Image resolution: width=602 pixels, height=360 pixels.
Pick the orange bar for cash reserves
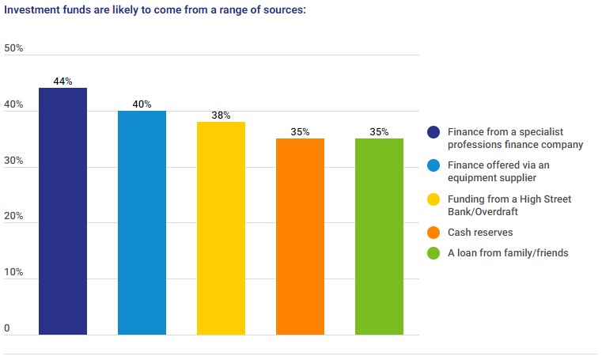(x=300, y=237)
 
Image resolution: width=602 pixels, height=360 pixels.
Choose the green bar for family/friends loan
(x=379, y=237)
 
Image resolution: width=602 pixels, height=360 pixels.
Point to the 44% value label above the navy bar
(x=62, y=81)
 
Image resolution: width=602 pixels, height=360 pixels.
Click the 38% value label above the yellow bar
(x=221, y=116)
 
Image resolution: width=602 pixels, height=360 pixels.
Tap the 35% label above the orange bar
(x=300, y=132)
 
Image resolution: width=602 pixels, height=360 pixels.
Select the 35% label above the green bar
(x=379, y=132)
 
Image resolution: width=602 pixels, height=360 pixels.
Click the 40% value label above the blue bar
(x=142, y=104)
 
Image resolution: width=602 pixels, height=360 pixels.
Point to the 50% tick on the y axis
(x=13, y=48)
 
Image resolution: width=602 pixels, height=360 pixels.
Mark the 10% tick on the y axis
(x=13, y=273)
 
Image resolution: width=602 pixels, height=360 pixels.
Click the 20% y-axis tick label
(x=13, y=217)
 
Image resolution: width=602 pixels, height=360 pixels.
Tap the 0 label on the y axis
(x=7, y=328)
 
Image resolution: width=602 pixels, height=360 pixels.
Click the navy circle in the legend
(x=434, y=132)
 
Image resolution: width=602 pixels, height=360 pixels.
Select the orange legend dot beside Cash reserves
(x=434, y=233)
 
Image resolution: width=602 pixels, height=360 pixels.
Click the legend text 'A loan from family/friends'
(x=506, y=253)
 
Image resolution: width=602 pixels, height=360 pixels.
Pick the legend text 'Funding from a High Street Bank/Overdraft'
(x=509, y=205)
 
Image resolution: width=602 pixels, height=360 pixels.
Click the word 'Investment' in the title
(x=31, y=11)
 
